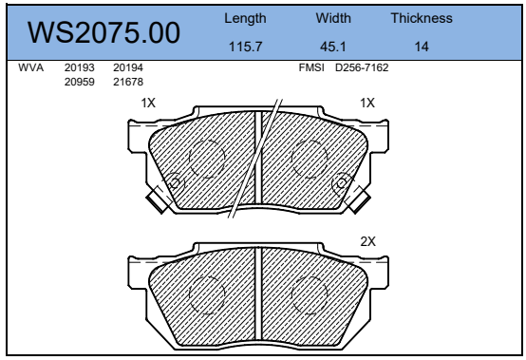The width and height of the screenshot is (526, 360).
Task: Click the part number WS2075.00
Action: pyautogui.click(x=103, y=32)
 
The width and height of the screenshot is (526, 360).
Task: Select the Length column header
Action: pyautogui.click(x=245, y=18)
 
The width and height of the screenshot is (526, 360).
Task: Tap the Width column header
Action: pyautogui.click(x=333, y=18)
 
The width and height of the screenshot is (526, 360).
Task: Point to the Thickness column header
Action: pyautogui.click(x=422, y=18)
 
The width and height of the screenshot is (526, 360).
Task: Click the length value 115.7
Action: pyautogui.click(x=245, y=47)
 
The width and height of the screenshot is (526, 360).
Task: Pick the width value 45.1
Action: pyautogui.click(x=332, y=47)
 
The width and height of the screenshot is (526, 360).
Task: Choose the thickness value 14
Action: pyautogui.click(x=422, y=47)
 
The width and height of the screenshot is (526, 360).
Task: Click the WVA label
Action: pyautogui.click(x=31, y=67)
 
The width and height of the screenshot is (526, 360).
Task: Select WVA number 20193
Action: pyautogui.click(x=80, y=67)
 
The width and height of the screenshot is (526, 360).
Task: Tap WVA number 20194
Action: pyautogui.click(x=128, y=67)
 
